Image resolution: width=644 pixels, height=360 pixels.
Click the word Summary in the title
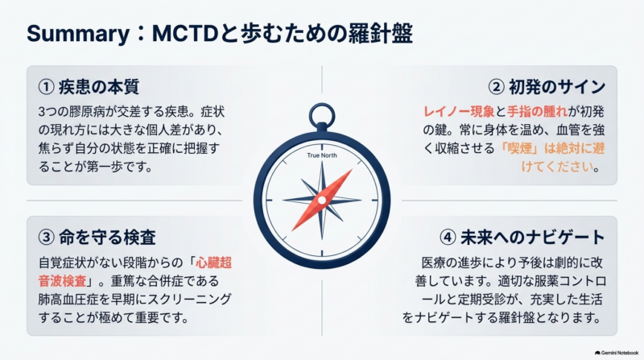tap(78, 34)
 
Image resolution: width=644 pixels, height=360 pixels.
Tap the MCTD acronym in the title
tap(184, 34)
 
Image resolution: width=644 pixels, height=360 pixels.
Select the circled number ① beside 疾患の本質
tap(46, 87)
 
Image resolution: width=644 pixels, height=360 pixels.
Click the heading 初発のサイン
tap(557, 87)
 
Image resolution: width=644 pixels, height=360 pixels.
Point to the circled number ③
tap(46, 237)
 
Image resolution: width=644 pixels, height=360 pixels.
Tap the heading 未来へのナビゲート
tap(533, 237)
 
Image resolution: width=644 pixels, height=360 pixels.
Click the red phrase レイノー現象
tap(459, 111)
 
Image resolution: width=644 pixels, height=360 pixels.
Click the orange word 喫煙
tap(519, 148)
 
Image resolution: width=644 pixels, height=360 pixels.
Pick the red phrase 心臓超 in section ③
tap(213, 263)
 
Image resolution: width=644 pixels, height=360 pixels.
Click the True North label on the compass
tap(322, 155)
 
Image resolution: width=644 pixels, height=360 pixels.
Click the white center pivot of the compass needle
tap(322, 201)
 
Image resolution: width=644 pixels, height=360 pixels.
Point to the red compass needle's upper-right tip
tap(352, 170)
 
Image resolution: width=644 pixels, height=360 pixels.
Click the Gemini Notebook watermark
tap(617, 353)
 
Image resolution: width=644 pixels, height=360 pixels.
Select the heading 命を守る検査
tap(107, 237)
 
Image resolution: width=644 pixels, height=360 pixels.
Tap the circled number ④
tap(448, 237)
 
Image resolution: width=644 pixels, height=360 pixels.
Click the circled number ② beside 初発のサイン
tap(496, 87)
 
